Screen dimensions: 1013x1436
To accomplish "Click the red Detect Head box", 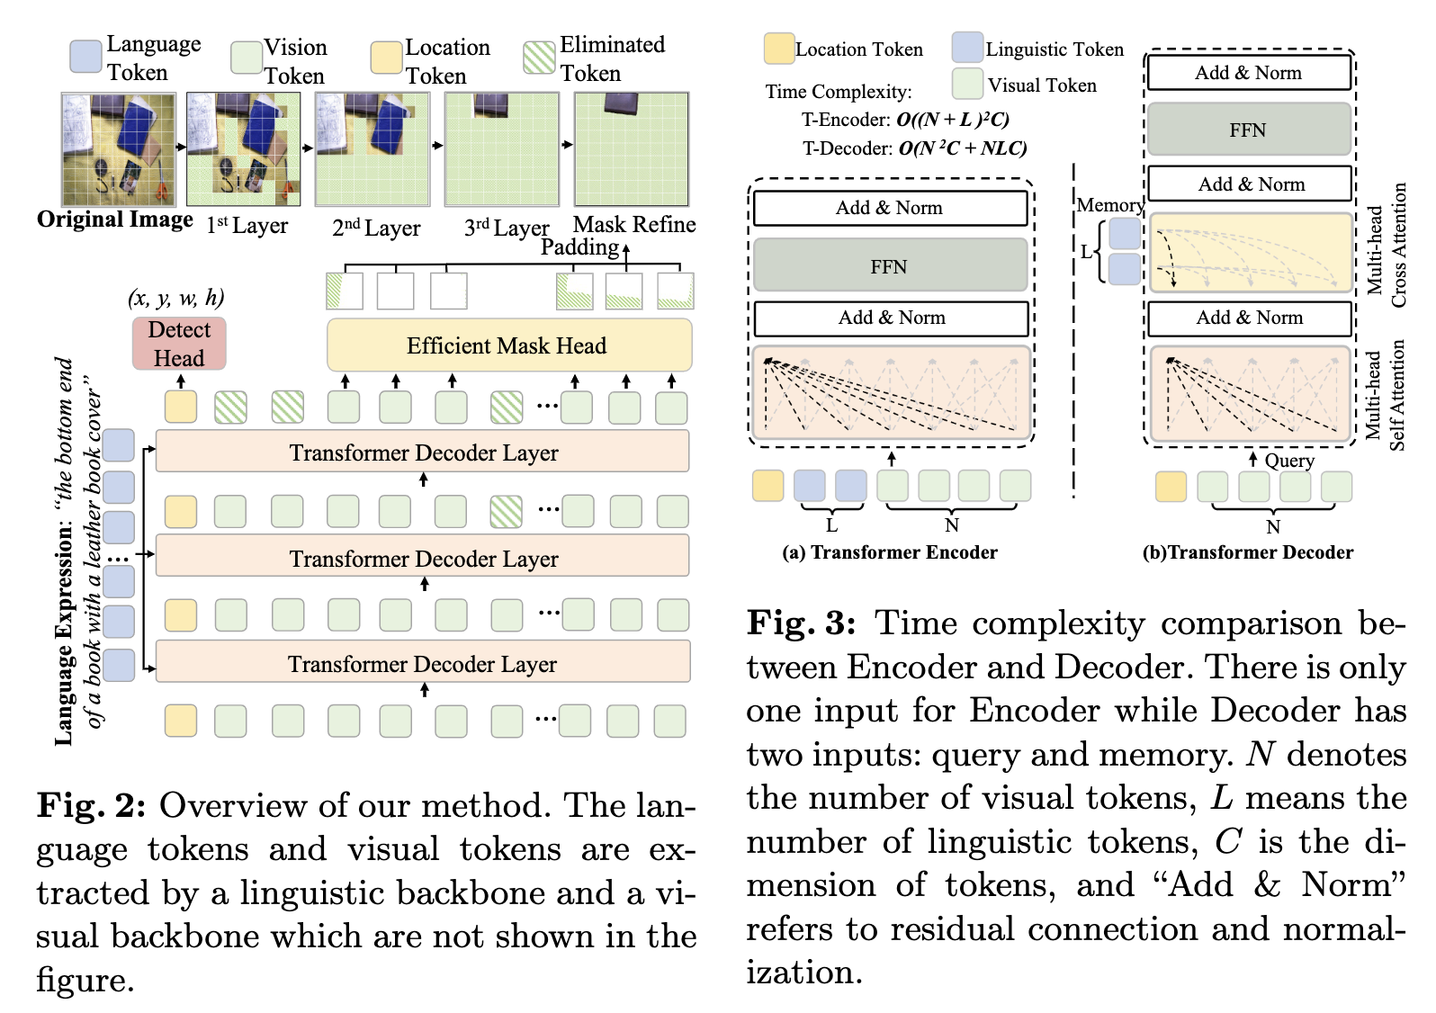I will coord(179,344).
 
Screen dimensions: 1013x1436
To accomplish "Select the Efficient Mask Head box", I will coord(508,345).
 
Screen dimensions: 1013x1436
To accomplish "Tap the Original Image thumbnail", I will coord(119,149).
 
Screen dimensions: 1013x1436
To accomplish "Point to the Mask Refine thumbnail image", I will coord(632,149).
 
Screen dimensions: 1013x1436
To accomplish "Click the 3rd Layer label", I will coord(507,228).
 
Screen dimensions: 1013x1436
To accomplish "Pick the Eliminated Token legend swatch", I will coord(540,58).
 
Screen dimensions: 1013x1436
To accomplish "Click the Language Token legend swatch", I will coord(86,56).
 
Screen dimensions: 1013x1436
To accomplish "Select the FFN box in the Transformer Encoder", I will coord(890,266).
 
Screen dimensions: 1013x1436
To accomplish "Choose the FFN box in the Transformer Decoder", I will coord(1249,130).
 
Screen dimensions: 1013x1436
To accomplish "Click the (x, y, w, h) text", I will coord(176,298).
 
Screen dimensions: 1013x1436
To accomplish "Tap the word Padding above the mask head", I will coord(579,247).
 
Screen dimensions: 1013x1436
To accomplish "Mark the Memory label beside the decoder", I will coord(1109,205).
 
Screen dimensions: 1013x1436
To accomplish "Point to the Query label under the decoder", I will coord(1289,461).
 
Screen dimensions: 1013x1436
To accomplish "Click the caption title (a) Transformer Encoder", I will coord(890,552).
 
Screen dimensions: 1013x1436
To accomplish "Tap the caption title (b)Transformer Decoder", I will coord(1248,552).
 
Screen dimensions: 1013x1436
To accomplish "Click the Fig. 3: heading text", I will coord(802,623).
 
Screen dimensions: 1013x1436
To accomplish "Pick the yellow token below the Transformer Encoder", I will coord(768,486).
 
